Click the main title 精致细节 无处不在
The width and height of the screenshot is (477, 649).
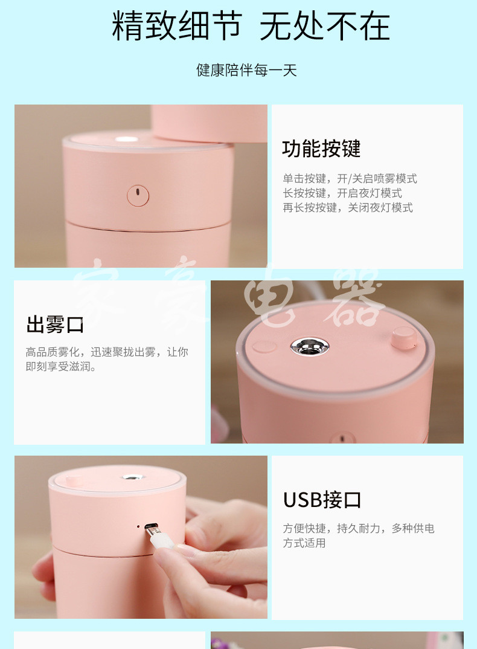[x=251, y=26]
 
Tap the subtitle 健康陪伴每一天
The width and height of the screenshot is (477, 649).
[x=246, y=70]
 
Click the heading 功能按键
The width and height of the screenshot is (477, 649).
[x=321, y=149]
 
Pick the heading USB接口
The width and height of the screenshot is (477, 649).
[x=322, y=500]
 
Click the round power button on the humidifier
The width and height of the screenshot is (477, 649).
[x=138, y=195]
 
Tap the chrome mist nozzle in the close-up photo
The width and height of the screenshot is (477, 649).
[x=310, y=346]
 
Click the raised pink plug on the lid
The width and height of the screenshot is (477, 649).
[x=404, y=338]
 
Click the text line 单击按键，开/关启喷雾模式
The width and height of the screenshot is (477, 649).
[x=350, y=178]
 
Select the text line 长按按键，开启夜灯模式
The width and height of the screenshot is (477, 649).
[x=342, y=193]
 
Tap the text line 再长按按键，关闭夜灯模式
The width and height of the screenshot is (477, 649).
[x=348, y=207]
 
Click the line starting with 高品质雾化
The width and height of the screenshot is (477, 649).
[x=107, y=352]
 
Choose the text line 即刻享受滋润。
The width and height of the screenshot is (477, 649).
[x=61, y=366]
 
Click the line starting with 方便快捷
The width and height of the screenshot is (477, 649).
[x=359, y=528]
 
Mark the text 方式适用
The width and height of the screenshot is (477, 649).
[x=304, y=543]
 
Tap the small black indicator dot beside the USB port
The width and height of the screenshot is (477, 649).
[x=138, y=527]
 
